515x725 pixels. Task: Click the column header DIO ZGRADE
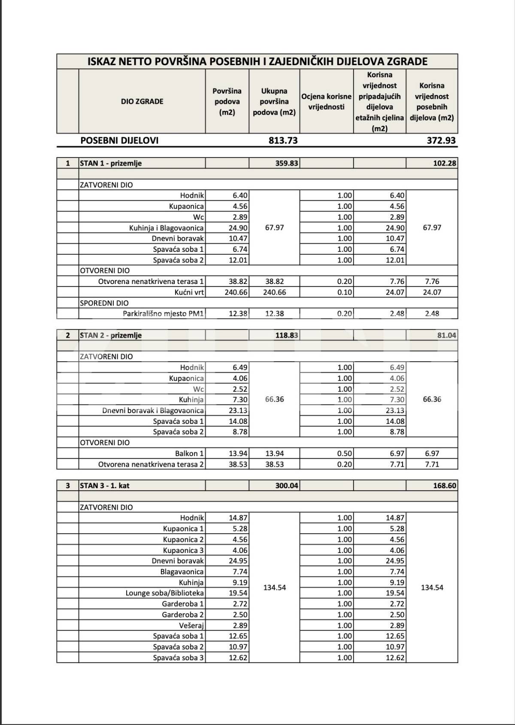tap(142, 102)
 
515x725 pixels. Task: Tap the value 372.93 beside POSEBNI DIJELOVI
tap(441, 140)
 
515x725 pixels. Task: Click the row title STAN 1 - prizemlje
tap(111, 163)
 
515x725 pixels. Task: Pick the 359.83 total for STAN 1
tap(287, 163)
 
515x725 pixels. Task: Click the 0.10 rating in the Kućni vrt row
tap(345, 293)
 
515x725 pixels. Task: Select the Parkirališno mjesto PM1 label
tap(163, 314)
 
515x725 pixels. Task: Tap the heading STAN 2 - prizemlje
tap(111, 335)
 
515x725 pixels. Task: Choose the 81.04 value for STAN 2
tap(447, 335)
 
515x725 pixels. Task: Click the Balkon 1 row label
tap(189, 454)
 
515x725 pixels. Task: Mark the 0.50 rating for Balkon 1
tap(345, 454)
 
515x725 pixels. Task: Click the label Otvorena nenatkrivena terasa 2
tap(151, 465)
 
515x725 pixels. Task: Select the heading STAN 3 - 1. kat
tap(105, 486)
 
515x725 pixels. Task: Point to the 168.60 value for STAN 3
tap(445, 486)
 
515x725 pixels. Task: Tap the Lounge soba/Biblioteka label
tap(165, 593)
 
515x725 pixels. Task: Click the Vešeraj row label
tap(191, 625)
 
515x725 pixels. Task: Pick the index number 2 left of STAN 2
tap(68, 335)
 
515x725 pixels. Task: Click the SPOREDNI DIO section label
tap(104, 303)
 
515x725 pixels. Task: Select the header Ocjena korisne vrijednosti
tap(326, 102)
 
